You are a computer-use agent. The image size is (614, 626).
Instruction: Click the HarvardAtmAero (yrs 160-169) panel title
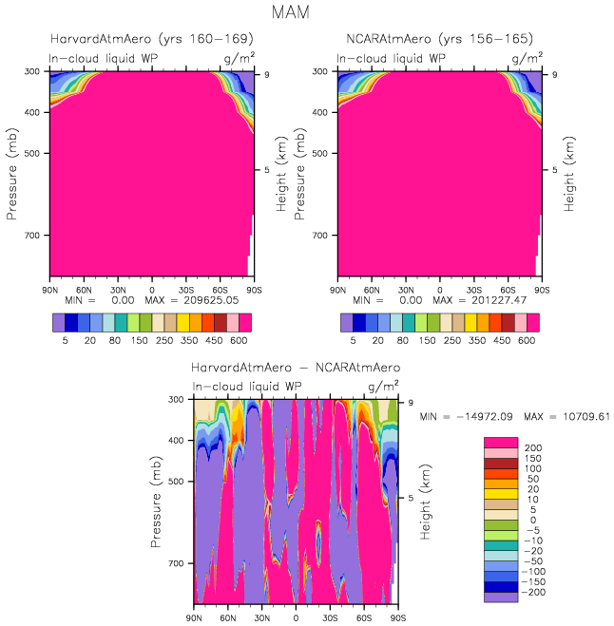[x=151, y=39]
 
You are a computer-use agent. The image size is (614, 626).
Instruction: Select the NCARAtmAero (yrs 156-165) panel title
[x=439, y=39]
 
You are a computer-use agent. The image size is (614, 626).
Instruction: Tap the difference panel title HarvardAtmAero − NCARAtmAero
[x=296, y=367]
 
